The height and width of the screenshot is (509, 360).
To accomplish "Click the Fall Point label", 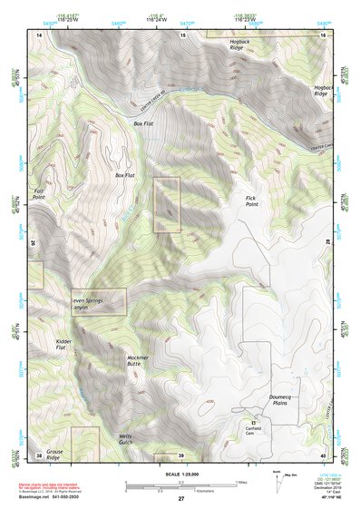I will coord(39,193).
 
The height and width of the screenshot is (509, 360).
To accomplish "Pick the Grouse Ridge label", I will coord(56,454).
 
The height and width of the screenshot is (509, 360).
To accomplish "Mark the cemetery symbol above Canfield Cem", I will coord(254,422).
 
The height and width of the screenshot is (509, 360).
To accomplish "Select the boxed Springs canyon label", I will coord(98,301).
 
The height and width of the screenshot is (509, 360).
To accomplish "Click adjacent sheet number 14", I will coord(39,34).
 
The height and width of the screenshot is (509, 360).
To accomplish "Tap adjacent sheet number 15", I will coord(182,34).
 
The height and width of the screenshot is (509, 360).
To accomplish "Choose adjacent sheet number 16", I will coord(323,34).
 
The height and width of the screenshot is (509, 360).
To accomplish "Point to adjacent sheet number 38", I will coord(39,455).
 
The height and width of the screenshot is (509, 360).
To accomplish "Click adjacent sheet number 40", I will coord(323,455).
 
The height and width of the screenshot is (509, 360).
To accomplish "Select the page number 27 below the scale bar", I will coord(180,499).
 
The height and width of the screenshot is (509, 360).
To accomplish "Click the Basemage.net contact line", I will coord(49,496).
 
